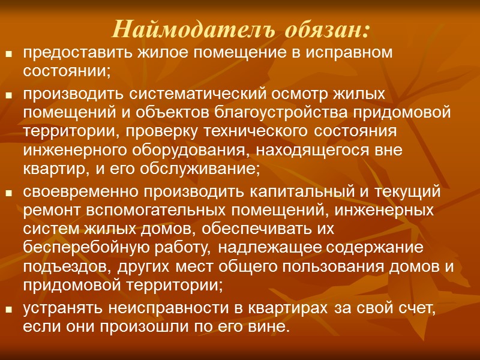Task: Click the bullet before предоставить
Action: (x=9, y=54)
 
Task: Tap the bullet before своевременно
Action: (x=9, y=193)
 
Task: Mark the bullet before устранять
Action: (x=9, y=310)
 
